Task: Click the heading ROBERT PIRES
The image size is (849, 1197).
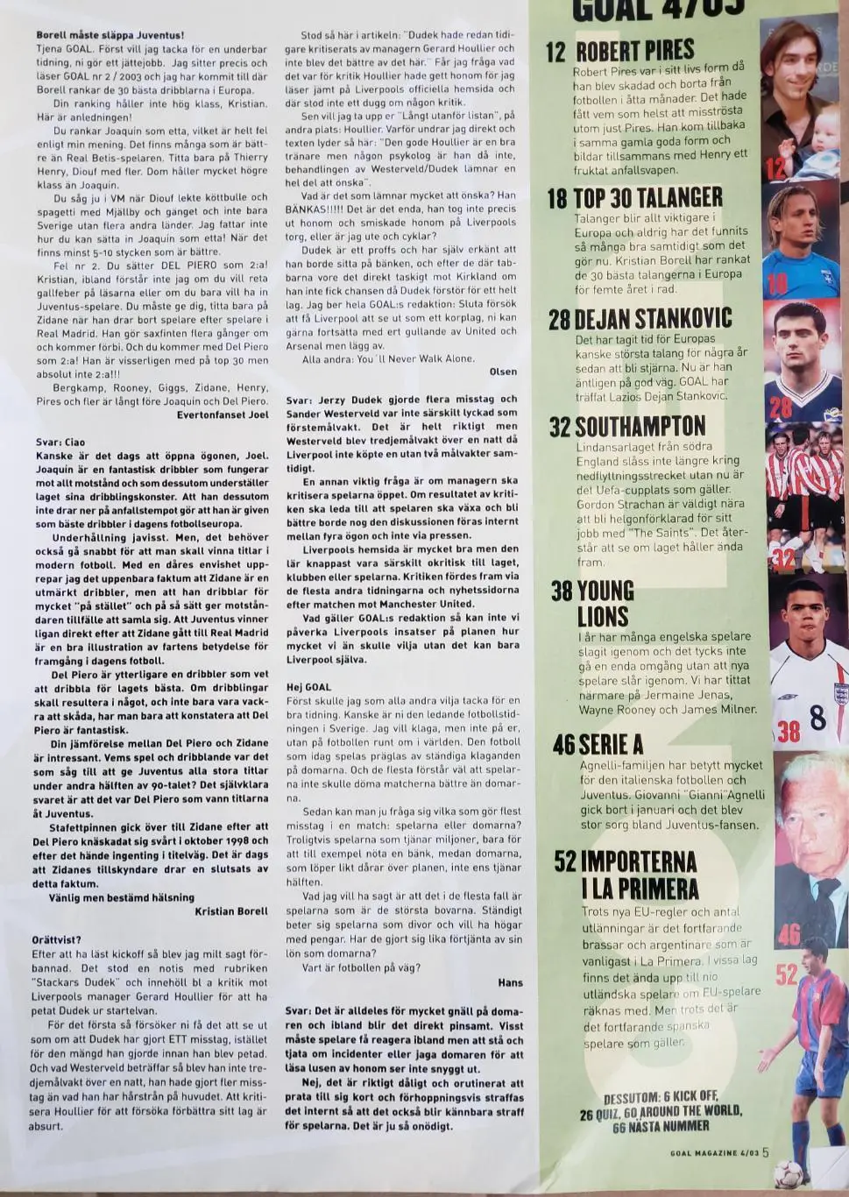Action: [633, 51]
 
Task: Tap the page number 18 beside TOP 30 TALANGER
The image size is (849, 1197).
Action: [557, 198]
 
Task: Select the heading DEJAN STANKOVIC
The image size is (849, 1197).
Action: [653, 319]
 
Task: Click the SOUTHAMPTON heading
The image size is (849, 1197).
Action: [640, 427]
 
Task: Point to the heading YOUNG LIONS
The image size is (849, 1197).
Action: [605, 603]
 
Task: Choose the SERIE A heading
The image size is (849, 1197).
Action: [610, 745]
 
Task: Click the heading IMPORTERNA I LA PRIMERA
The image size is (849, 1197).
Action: [638, 875]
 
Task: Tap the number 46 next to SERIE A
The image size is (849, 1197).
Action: [563, 746]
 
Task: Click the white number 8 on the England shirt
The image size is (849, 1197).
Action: [817, 719]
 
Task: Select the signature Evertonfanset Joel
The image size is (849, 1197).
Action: [223, 416]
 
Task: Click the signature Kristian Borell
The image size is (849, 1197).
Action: [231, 910]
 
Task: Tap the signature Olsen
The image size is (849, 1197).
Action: [503, 372]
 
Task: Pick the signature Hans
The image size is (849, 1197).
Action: [510, 983]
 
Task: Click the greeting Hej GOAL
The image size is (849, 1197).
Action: [308, 687]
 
